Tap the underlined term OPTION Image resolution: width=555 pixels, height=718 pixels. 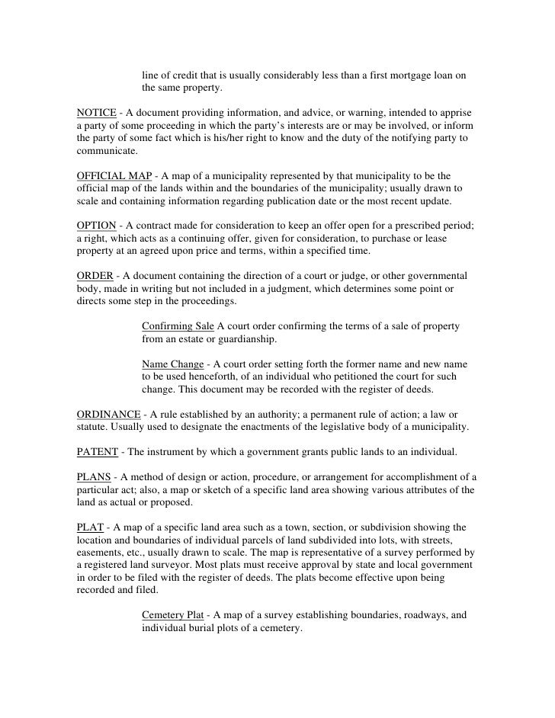click(97, 225)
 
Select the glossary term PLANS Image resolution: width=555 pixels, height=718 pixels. click(95, 476)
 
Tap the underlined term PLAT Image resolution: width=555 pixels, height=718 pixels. click(91, 527)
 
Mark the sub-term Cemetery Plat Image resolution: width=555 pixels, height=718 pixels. click(175, 615)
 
